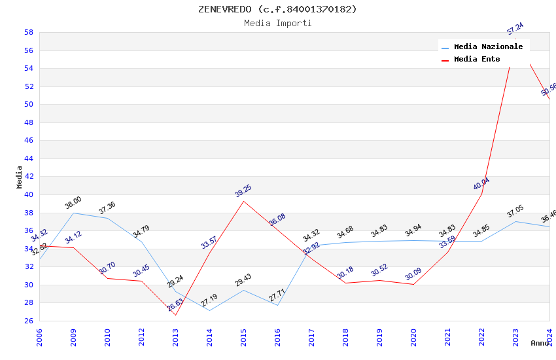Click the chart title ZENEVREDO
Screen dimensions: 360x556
tap(277, 9)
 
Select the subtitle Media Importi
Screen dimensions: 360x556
tap(277, 23)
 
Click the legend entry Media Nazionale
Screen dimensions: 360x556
tap(488, 46)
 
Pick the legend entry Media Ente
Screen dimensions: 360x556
tap(477, 59)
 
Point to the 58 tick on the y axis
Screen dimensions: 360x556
tap(29, 32)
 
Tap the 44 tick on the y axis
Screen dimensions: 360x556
tap(29, 158)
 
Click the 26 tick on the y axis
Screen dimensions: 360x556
tap(29, 321)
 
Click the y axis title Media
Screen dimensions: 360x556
tap(20, 177)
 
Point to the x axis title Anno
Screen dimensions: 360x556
tap(540, 343)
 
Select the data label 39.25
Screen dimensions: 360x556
tap(243, 191)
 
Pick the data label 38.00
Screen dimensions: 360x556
tap(73, 203)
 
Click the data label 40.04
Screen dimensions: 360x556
tap(481, 184)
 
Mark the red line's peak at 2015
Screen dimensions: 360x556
tap(244, 201)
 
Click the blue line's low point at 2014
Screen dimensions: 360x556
tap(210, 310)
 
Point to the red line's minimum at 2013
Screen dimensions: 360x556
tap(175, 315)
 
